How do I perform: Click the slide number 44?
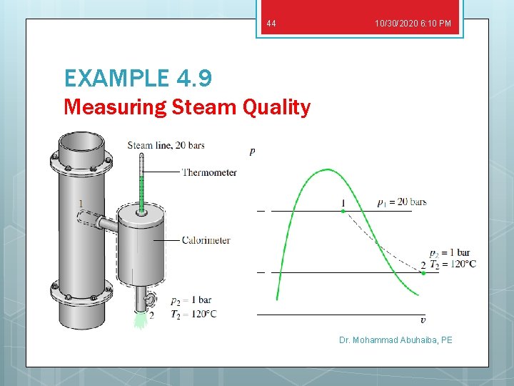point(271,24)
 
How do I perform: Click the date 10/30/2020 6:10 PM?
point(413,24)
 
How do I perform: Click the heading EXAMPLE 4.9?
point(137,78)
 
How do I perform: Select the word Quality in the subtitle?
point(276,107)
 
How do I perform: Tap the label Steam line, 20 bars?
point(166,146)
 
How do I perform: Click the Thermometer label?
point(208,172)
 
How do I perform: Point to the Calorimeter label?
point(206,240)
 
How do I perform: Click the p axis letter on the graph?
point(252,151)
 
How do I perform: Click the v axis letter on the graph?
point(423,320)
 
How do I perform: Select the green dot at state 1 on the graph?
point(343,211)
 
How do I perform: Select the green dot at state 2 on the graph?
point(423,272)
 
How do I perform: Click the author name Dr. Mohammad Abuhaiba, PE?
point(395,340)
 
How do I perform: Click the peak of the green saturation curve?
point(328,170)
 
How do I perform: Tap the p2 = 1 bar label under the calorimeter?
point(191,300)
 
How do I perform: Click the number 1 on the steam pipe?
point(81,204)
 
